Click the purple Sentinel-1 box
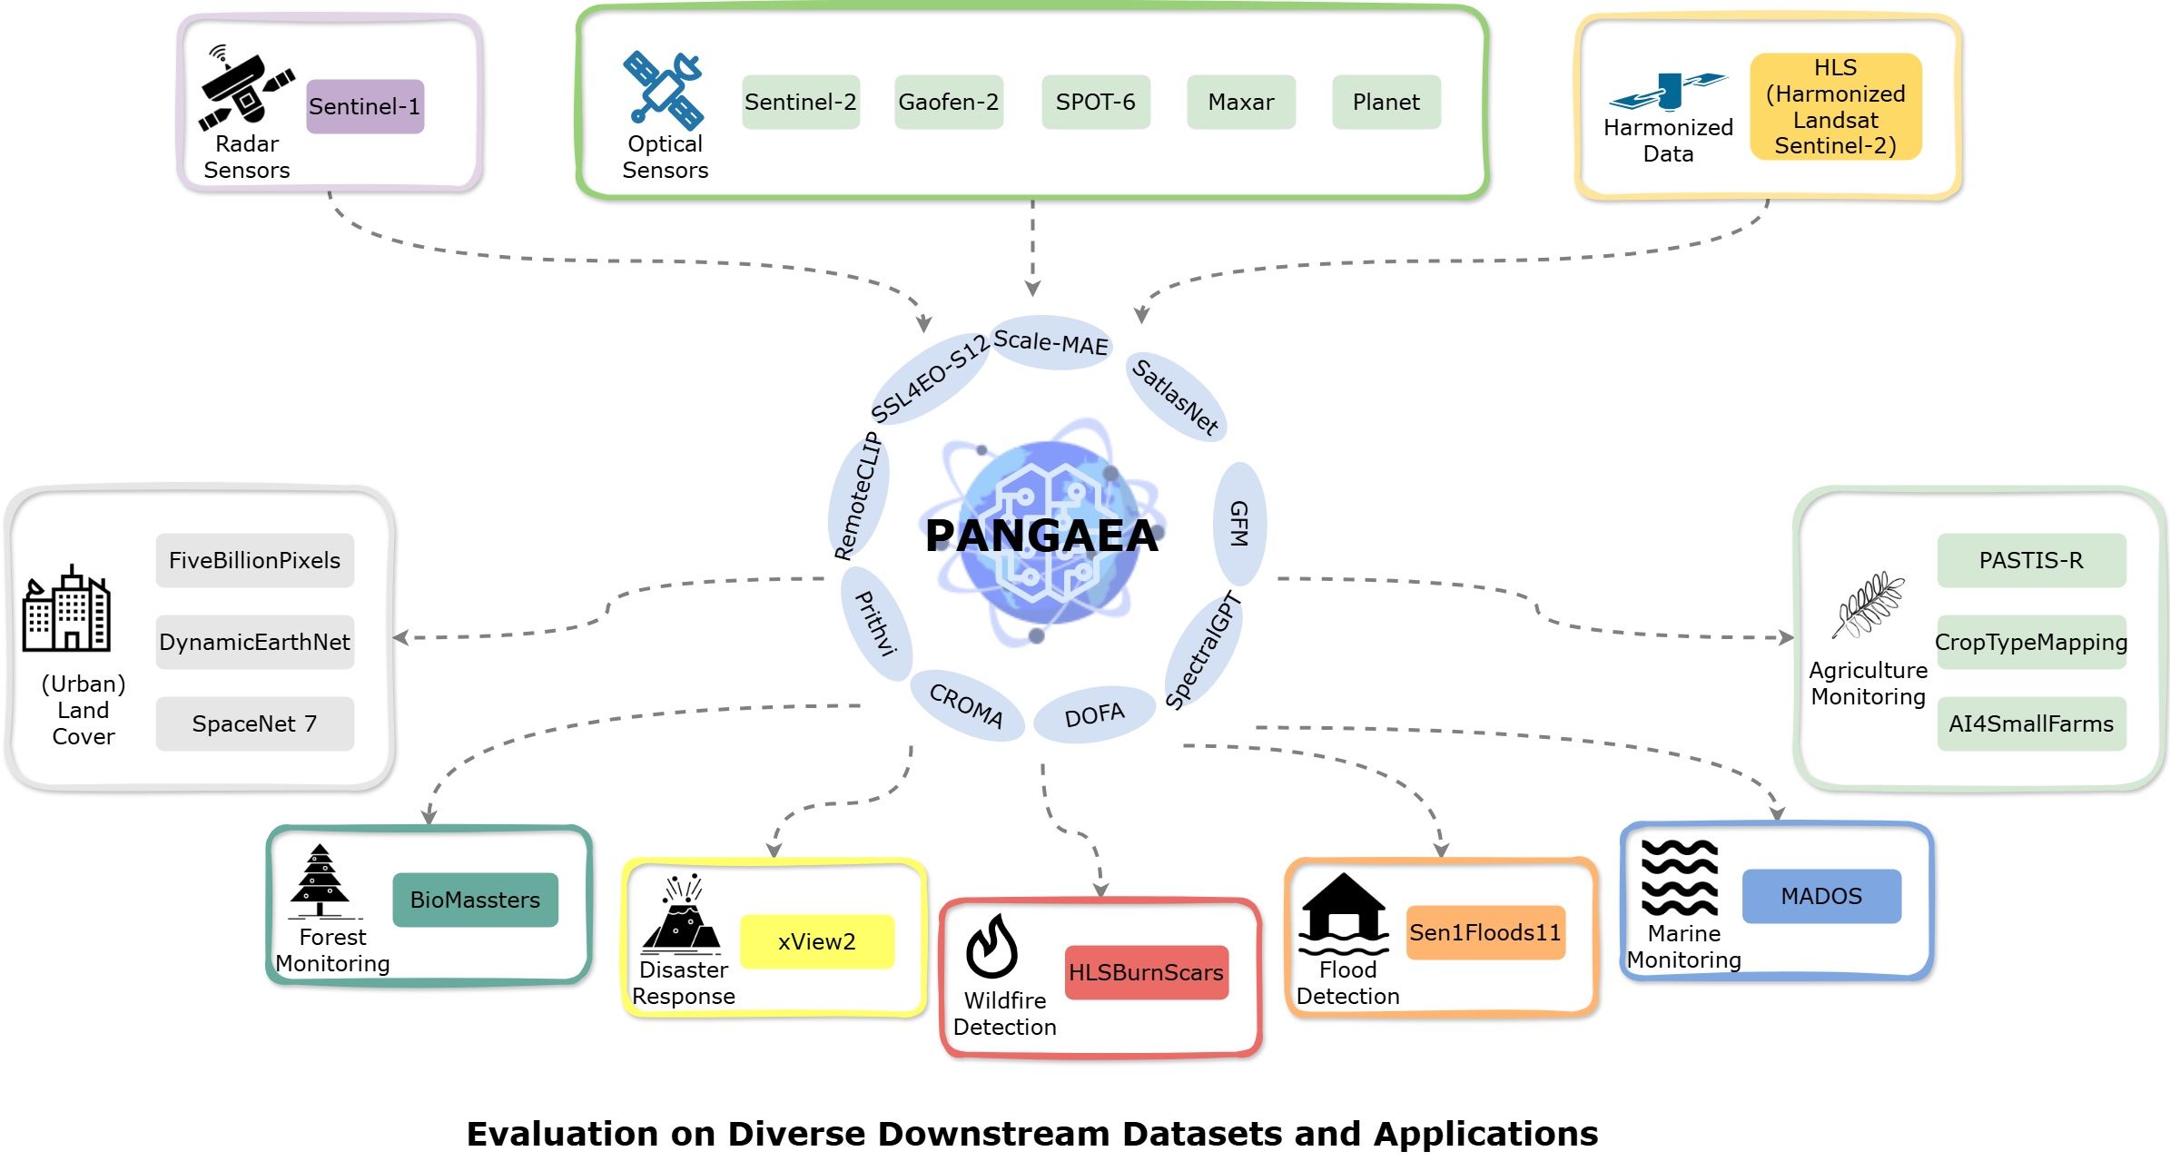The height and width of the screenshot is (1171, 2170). [x=365, y=106]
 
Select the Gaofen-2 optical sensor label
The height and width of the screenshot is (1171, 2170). [x=948, y=102]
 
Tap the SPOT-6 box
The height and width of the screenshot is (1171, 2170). [x=1095, y=102]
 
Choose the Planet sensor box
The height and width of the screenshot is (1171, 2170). [x=1386, y=102]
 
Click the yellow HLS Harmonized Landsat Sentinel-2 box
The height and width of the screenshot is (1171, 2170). [x=1835, y=106]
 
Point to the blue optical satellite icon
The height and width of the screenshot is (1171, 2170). [x=664, y=89]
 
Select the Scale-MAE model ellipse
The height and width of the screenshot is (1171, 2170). [x=1050, y=343]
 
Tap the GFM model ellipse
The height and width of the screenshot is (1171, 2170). [x=1239, y=524]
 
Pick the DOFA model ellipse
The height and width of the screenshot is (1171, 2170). [x=1094, y=715]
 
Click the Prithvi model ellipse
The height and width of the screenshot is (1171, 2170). [x=877, y=624]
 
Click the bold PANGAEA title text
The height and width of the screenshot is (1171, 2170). [x=1041, y=536]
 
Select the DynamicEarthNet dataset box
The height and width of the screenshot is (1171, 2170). [x=254, y=642]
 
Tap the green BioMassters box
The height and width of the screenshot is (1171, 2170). [x=475, y=900]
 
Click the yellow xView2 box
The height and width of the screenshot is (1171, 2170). [x=816, y=941]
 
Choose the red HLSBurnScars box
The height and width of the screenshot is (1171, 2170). [x=1146, y=972]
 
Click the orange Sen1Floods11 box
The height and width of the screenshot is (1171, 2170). [x=1484, y=932]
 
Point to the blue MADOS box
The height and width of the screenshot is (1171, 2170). [x=1820, y=896]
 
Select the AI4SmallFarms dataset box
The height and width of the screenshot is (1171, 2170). [x=2030, y=723]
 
